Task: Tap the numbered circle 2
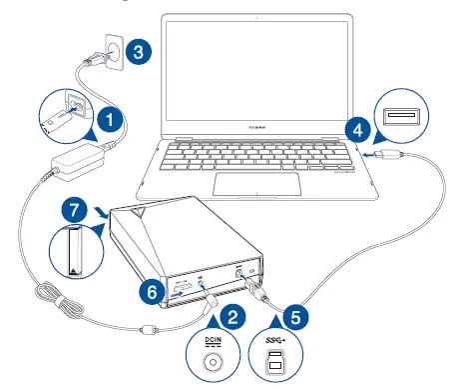(x=233, y=319)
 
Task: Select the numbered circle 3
(x=142, y=50)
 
